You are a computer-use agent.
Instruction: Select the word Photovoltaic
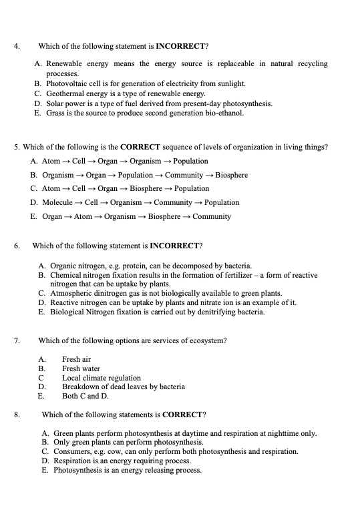pos(68,83)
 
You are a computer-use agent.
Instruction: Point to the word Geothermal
pos(65,93)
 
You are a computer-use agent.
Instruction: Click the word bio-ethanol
pos(225,113)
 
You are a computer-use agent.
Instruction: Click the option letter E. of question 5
pos(33,216)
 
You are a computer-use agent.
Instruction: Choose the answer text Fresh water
pos(81,368)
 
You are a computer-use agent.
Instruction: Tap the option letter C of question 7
pos(41,378)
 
